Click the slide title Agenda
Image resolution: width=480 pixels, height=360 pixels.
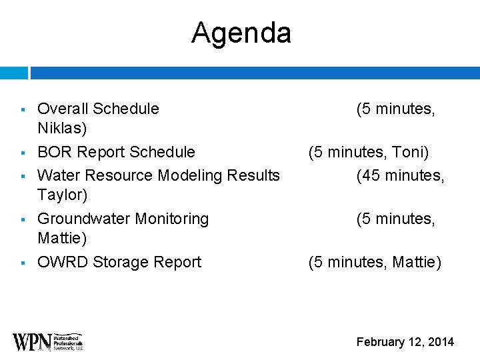[x=241, y=33]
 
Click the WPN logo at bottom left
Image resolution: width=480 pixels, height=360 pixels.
[x=47, y=341]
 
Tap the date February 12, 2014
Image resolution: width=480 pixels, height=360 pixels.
[x=405, y=342]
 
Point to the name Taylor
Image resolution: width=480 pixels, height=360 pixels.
[x=61, y=195]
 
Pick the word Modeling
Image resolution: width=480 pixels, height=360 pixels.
[x=190, y=175]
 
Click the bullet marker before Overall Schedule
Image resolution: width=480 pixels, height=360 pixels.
[x=23, y=109]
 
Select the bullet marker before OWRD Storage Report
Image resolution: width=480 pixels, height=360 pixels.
[x=23, y=263]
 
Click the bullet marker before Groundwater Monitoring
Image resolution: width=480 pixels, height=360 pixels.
[x=23, y=219]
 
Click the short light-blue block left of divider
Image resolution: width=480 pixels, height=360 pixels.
[x=13, y=73]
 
